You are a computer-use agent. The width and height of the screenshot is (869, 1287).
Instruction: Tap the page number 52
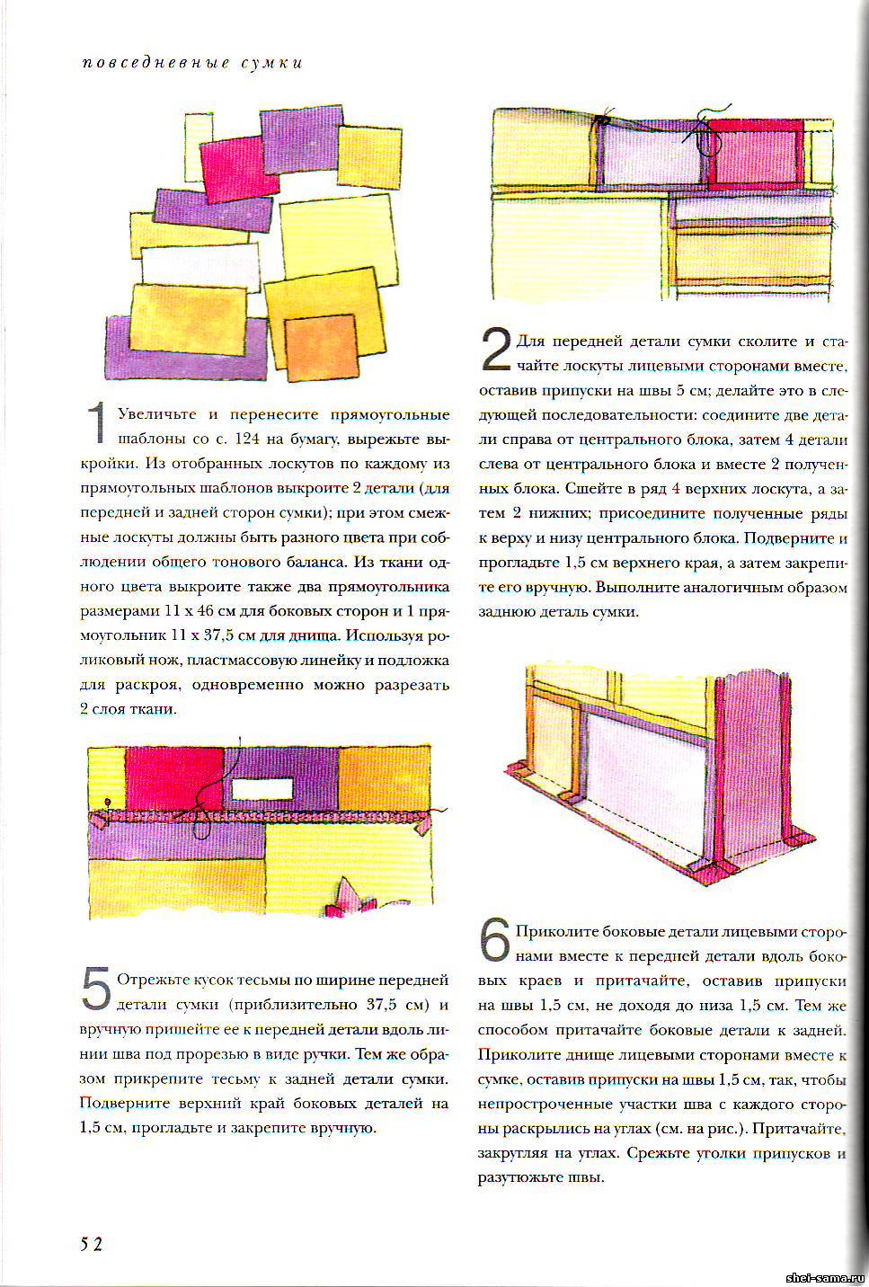[91, 1244]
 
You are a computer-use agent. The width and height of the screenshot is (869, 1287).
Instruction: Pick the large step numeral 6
[495, 940]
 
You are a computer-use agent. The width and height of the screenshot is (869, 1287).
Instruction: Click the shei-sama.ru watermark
[823, 1277]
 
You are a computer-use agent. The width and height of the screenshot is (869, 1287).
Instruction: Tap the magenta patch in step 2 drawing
[755, 155]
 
